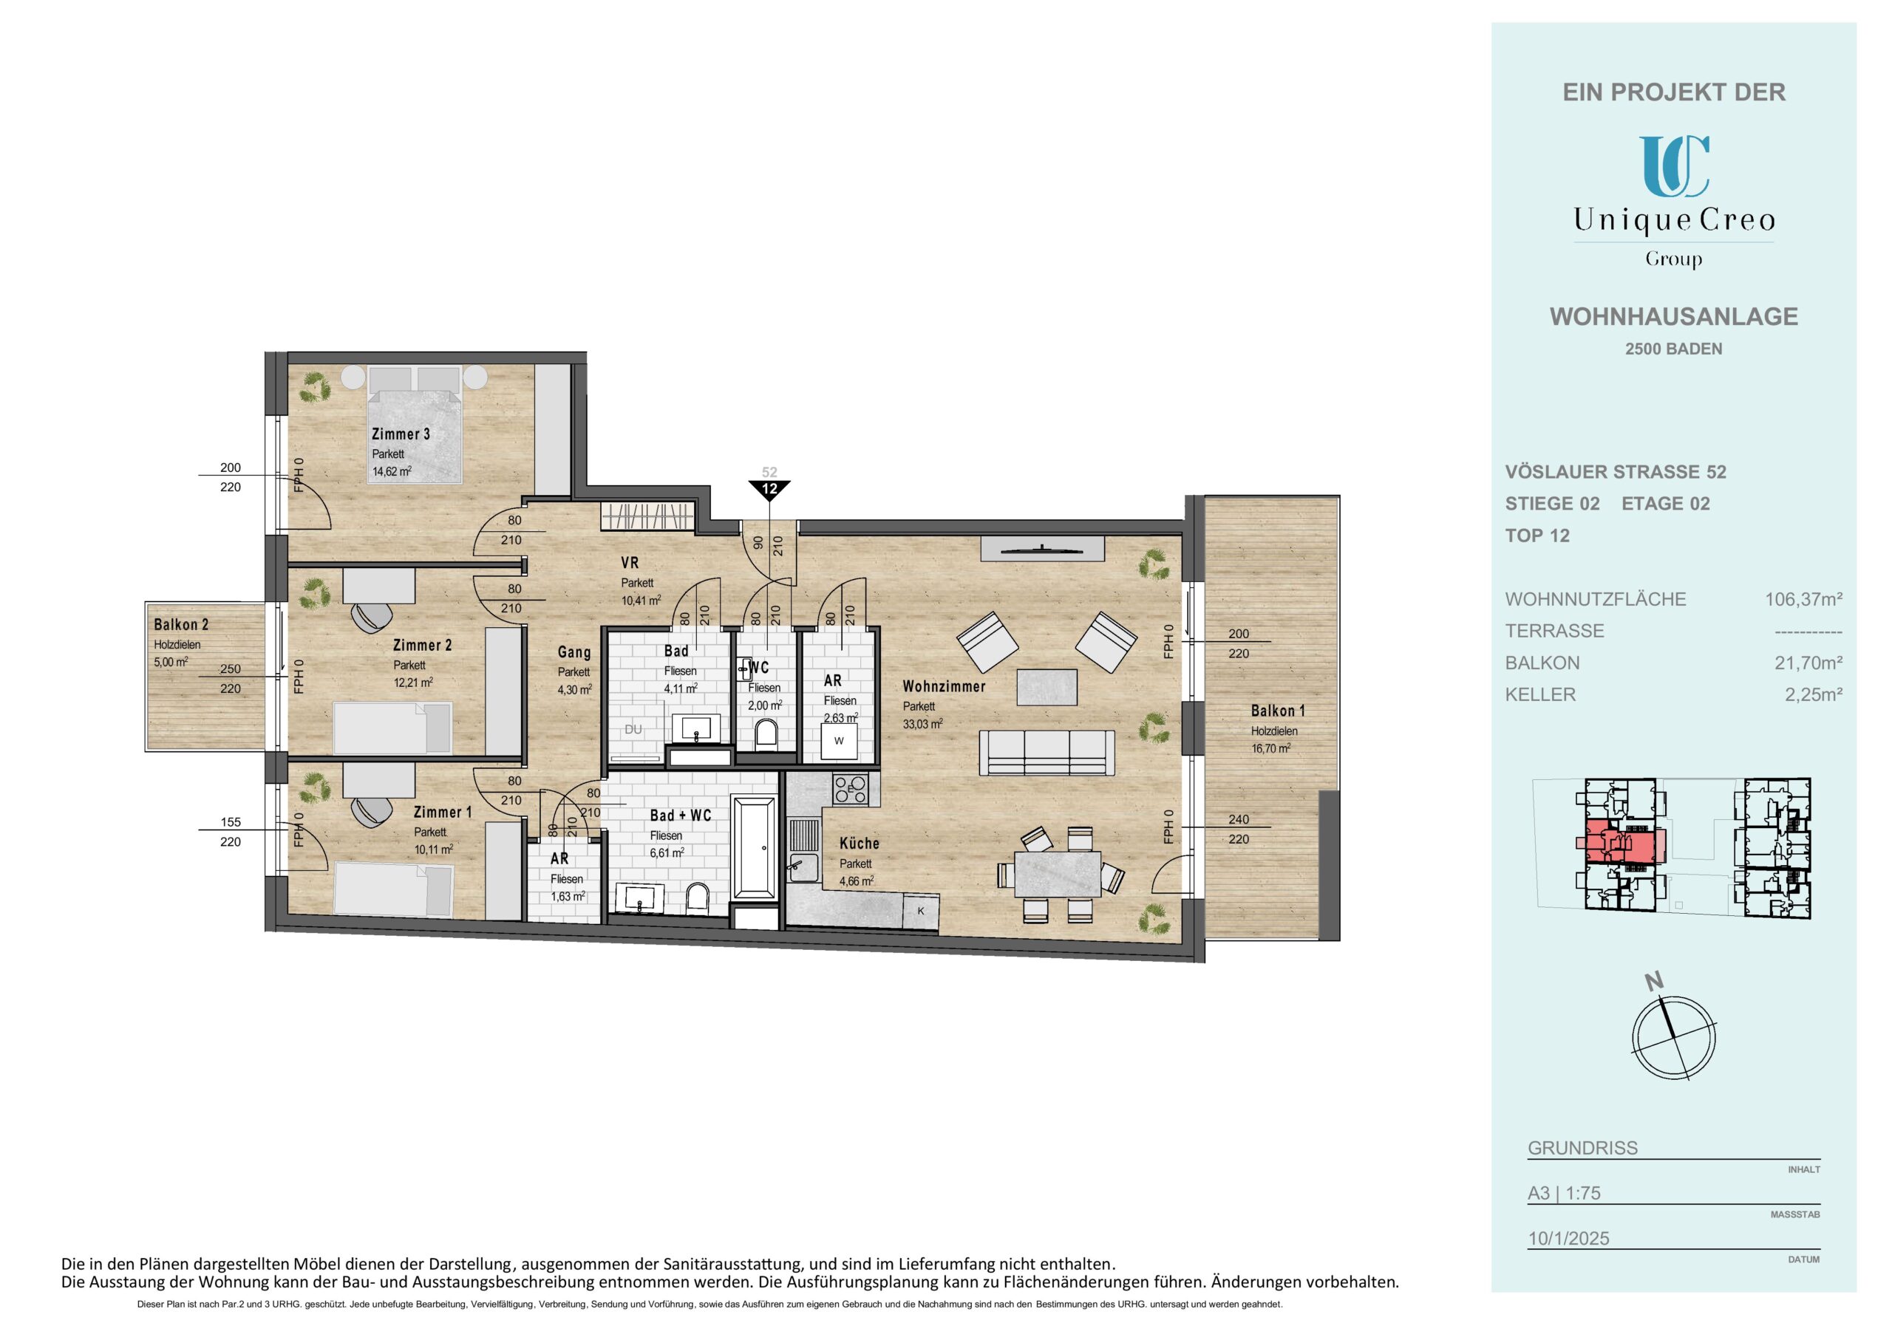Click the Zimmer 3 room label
tap(401, 434)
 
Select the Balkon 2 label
tap(181, 625)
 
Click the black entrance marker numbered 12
tap(769, 490)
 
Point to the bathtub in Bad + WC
tap(754, 847)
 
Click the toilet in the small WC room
tap(766, 734)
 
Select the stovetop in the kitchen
tap(851, 789)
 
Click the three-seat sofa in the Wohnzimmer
tap(1047, 753)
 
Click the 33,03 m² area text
tap(923, 724)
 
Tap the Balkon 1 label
tap(1278, 711)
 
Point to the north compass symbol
tap(1675, 1035)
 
